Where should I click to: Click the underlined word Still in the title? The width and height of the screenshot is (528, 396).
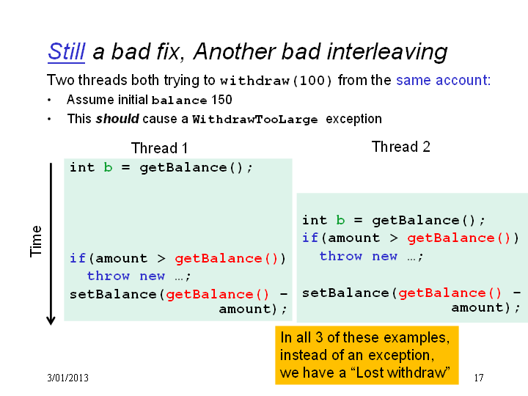tap(66, 51)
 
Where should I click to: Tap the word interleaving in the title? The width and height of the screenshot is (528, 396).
tap(387, 52)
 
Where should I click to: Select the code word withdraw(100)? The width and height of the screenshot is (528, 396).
tap(276, 81)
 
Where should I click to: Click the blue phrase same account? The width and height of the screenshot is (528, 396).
tap(444, 80)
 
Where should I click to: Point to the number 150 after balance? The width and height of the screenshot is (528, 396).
tap(221, 100)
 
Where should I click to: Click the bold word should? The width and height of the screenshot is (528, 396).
tap(117, 119)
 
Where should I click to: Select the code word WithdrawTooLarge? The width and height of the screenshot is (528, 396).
tap(255, 120)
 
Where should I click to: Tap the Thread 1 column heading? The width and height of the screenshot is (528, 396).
tap(159, 148)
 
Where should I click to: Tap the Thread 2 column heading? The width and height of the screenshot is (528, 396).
tap(400, 147)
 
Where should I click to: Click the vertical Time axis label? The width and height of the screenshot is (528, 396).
tap(36, 241)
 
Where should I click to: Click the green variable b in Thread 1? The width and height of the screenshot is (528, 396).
tap(108, 167)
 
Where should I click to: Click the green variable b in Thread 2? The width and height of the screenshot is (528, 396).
tap(340, 220)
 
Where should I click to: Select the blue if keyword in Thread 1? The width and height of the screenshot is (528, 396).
tap(78, 258)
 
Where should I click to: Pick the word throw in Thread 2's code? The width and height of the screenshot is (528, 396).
tap(341, 256)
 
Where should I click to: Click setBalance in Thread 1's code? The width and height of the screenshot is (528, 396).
tap(113, 294)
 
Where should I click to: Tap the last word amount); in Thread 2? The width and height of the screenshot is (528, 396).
tap(485, 307)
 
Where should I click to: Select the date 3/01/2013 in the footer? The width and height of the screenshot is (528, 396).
tap(67, 378)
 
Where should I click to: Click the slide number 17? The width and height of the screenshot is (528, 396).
tap(479, 378)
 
